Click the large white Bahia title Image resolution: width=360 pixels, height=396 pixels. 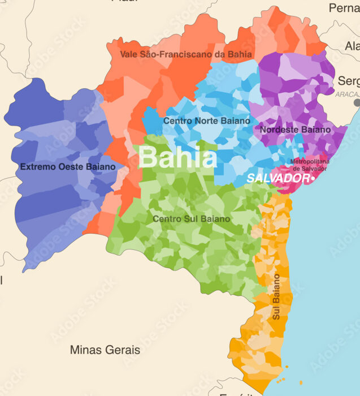tap(177, 158)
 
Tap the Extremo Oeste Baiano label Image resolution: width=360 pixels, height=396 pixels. tap(68, 167)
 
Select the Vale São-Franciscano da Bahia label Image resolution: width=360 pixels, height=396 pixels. tap(186, 54)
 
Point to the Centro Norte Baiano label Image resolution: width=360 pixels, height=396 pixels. tap(206, 120)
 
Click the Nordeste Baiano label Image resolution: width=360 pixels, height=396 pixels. tap(296, 130)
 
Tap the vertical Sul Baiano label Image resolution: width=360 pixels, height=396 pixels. tap(276, 297)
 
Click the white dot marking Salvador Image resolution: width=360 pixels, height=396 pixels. tap(313, 178)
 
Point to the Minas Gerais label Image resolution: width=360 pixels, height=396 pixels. tap(105, 350)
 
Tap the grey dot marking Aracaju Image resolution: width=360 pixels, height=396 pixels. tap(357, 103)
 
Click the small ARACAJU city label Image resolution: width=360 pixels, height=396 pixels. tap(347, 94)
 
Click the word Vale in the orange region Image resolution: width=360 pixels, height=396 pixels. tap(129, 54)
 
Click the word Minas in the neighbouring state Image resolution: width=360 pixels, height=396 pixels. tap(84, 350)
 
